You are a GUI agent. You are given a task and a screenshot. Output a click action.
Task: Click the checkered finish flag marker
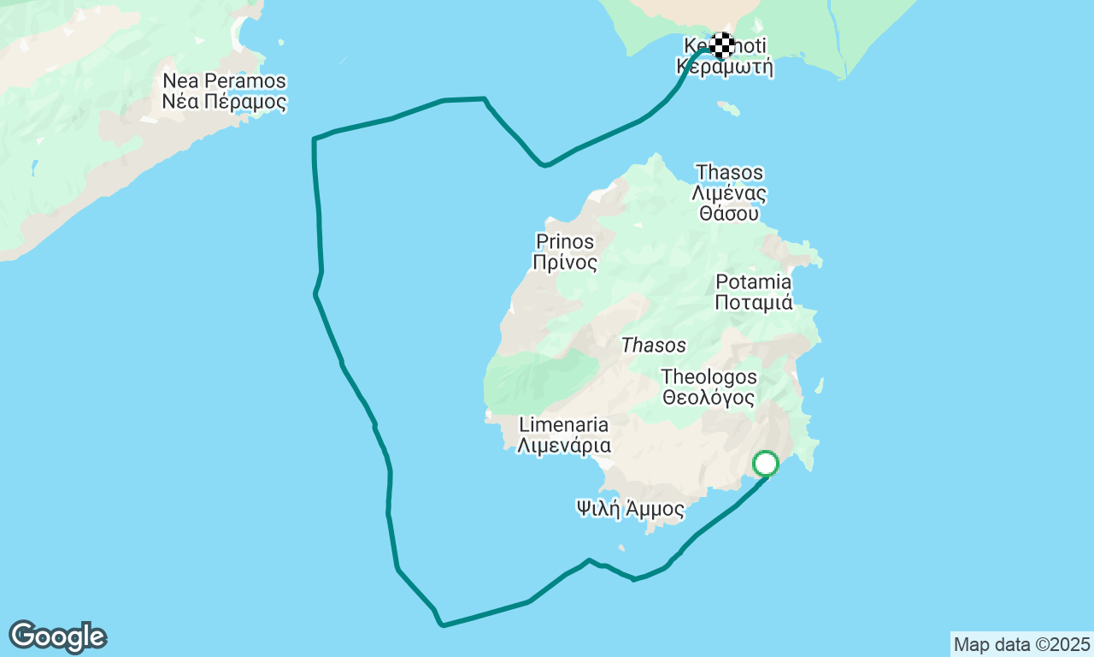click(722, 44)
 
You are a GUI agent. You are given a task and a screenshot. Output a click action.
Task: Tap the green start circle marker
click(766, 464)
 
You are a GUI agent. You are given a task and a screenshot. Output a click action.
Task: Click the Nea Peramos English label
click(224, 82)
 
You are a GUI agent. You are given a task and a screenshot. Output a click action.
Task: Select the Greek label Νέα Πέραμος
click(224, 103)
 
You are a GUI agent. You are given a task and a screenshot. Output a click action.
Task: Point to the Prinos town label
click(565, 241)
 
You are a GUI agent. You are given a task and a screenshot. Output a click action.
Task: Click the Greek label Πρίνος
click(565, 263)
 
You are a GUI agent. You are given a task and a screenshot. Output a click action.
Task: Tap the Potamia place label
click(754, 281)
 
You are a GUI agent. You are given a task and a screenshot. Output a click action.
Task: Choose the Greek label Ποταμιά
click(754, 302)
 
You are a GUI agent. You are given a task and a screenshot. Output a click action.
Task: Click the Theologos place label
click(709, 376)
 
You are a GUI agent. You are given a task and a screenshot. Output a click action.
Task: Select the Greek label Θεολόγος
click(709, 398)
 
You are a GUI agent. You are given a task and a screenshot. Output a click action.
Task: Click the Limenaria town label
click(564, 425)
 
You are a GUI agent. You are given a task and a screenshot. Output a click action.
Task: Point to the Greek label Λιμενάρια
click(564, 446)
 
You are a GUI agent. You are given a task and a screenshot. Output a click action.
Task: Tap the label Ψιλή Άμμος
click(631, 510)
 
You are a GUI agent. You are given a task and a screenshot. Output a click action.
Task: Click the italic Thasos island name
click(654, 346)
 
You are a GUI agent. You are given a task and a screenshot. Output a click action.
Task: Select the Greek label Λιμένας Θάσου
click(730, 203)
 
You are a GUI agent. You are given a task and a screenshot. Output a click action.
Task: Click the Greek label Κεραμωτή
click(725, 67)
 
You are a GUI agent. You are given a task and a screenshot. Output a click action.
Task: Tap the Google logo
click(58, 637)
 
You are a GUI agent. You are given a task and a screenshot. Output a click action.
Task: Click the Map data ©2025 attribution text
click(1021, 644)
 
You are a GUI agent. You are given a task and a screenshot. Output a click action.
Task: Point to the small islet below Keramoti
click(728, 108)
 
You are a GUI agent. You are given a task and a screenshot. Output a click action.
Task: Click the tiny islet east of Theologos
click(820, 386)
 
